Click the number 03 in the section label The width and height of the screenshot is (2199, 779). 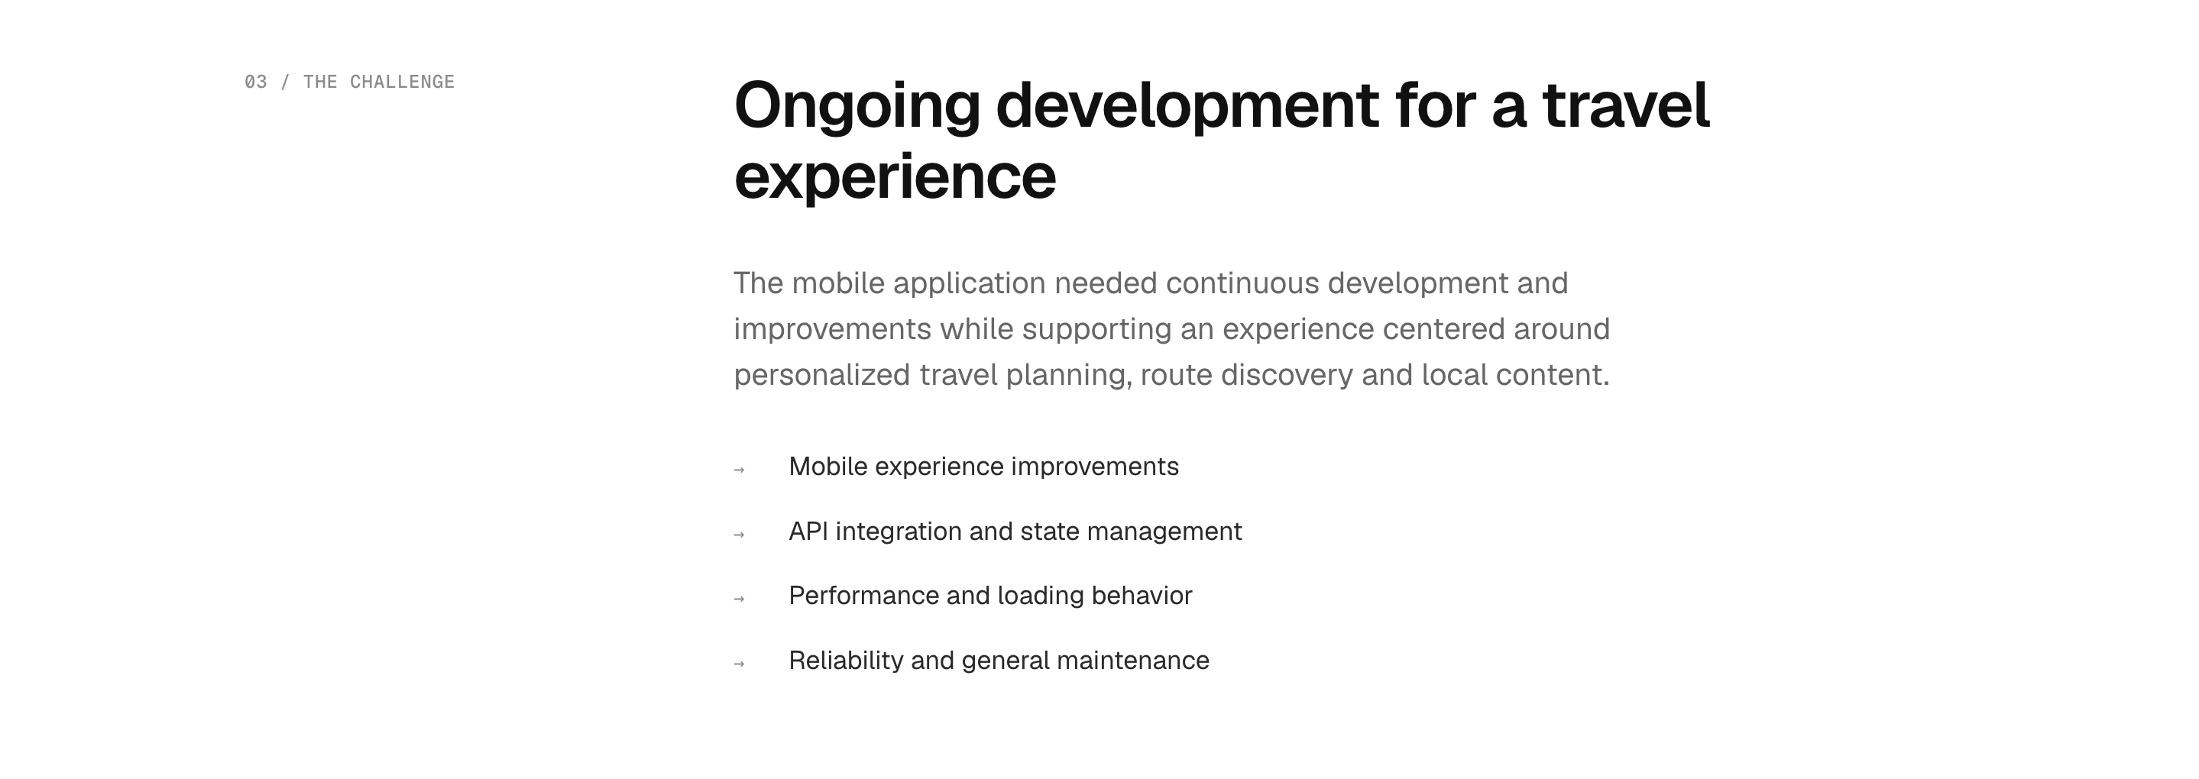coord(255,82)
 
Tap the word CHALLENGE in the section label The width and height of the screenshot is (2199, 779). coord(402,82)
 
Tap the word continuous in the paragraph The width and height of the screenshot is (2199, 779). coord(1242,283)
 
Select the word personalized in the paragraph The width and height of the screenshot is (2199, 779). coord(822,376)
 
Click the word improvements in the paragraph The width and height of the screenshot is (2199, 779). coord(832,329)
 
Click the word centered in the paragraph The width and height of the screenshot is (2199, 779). coord(1443,329)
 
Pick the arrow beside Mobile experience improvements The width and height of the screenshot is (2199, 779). coord(740,469)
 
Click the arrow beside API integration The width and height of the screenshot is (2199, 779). coord(740,534)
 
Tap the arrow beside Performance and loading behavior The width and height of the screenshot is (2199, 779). coord(740,599)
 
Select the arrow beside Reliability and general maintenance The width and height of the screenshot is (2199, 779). coord(740,664)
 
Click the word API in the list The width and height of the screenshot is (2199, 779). coord(808,532)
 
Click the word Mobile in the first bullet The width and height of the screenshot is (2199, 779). coord(828,467)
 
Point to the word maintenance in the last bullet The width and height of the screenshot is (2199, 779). coord(1133,661)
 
